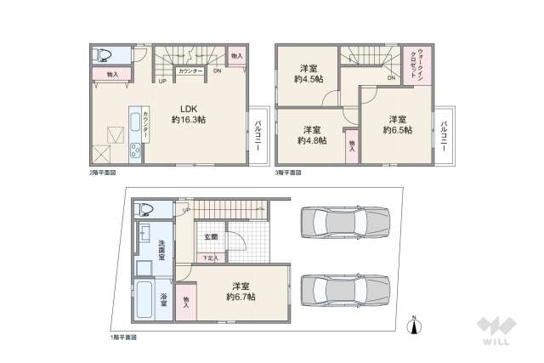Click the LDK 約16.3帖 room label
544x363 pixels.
point(188,114)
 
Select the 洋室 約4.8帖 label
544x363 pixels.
point(310,136)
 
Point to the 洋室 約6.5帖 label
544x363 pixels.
point(396,124)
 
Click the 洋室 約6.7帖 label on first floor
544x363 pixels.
point(241,292)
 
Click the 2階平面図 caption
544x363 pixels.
point(102,173)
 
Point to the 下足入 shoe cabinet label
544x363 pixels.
point(209,258)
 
